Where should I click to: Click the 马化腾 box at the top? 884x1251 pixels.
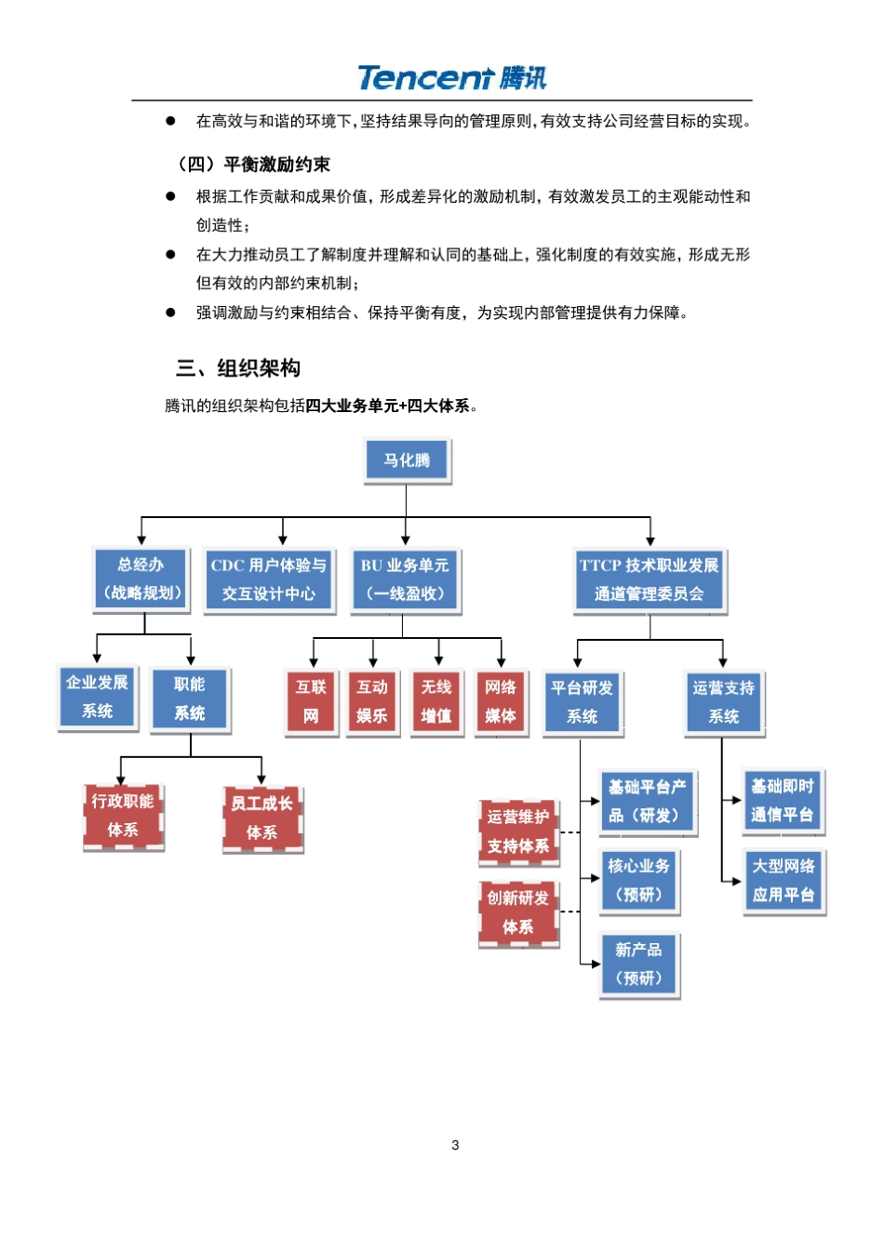[x=407, y=460]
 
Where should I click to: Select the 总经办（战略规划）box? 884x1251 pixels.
[x=141, y=579]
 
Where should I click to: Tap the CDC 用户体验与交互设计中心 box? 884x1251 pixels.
[x=269, y=579]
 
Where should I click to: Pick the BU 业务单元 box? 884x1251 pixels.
[x=405, y=579]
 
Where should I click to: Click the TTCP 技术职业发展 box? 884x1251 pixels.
[x=649, y=579]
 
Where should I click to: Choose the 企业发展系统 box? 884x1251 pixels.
[x=97, y=697]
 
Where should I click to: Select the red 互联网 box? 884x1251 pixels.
[x=311, y=701]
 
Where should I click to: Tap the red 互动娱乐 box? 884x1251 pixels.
[x=372, y=701]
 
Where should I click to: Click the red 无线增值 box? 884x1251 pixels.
[x=436, y=701]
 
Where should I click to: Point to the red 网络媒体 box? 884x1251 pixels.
[x=501, y=701]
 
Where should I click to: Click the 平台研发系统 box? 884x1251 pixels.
[x=582, y=702]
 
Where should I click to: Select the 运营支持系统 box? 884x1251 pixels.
[x=723, y=702]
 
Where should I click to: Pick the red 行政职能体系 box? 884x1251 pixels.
[x=123, y=816]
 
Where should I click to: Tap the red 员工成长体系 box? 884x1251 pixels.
[x=262, y=818]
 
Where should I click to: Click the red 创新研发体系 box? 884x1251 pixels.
[x=518, y=912]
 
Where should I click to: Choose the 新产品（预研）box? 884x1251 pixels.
[x=638, y=964]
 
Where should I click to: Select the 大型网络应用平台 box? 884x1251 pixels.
[x=784, y=880]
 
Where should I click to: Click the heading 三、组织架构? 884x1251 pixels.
[x=238, y=368]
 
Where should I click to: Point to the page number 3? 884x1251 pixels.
[x=455, y=1145]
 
